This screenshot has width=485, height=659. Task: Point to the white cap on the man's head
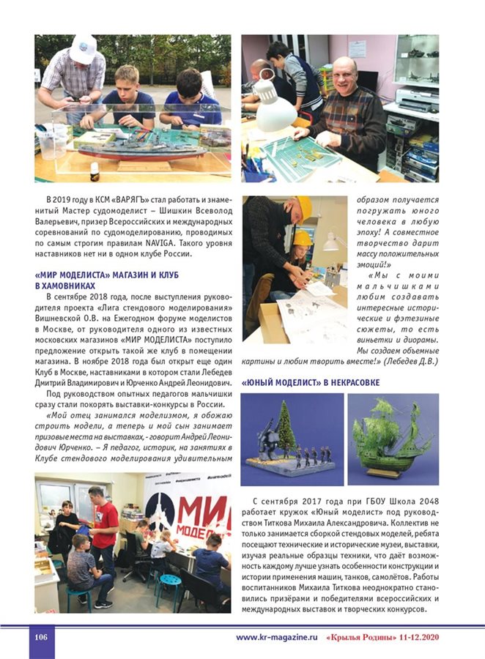click(x=83, y=49)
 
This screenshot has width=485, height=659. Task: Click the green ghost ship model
click(x=393, y=436)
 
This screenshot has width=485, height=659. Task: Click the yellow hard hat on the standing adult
click(x=304, y=208)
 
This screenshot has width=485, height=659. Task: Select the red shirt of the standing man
click(x=105, y=523)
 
